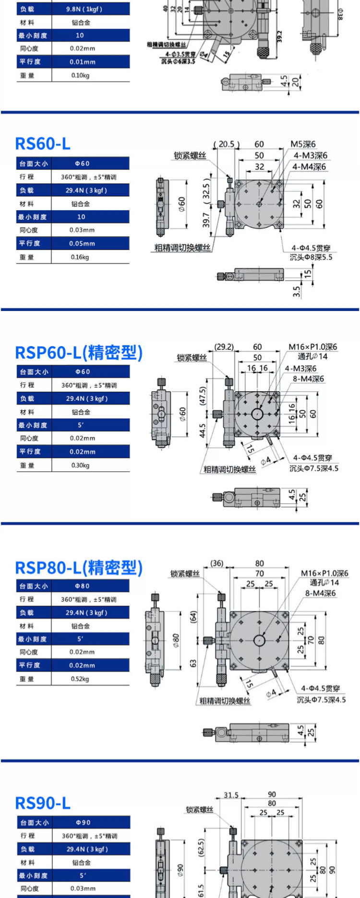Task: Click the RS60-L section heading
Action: pos(43,143)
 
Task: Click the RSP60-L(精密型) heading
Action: pos(79,352)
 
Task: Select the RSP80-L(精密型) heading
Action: pos(79,567)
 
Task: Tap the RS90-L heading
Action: pos(43,802)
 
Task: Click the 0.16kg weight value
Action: pos(80,257)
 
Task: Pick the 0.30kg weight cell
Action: pos(80,465)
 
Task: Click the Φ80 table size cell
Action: pos(82,586)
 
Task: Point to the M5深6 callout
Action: pos(303,144)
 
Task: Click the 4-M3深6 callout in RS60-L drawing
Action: pos(311,155)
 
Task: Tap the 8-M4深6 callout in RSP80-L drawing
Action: pos(321,593)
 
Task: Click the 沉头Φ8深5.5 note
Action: pos(311,257)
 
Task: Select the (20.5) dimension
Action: pos(226,144)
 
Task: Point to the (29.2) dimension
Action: pos(224,347)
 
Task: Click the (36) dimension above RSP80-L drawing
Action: pos(217,563)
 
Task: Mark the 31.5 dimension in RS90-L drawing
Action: pos(231,795)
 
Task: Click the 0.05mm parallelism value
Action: pos(82,243)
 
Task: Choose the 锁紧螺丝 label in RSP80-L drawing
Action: pos(185,574)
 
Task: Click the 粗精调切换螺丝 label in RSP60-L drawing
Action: pos(229,469)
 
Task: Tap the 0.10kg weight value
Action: pos(80,75)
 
